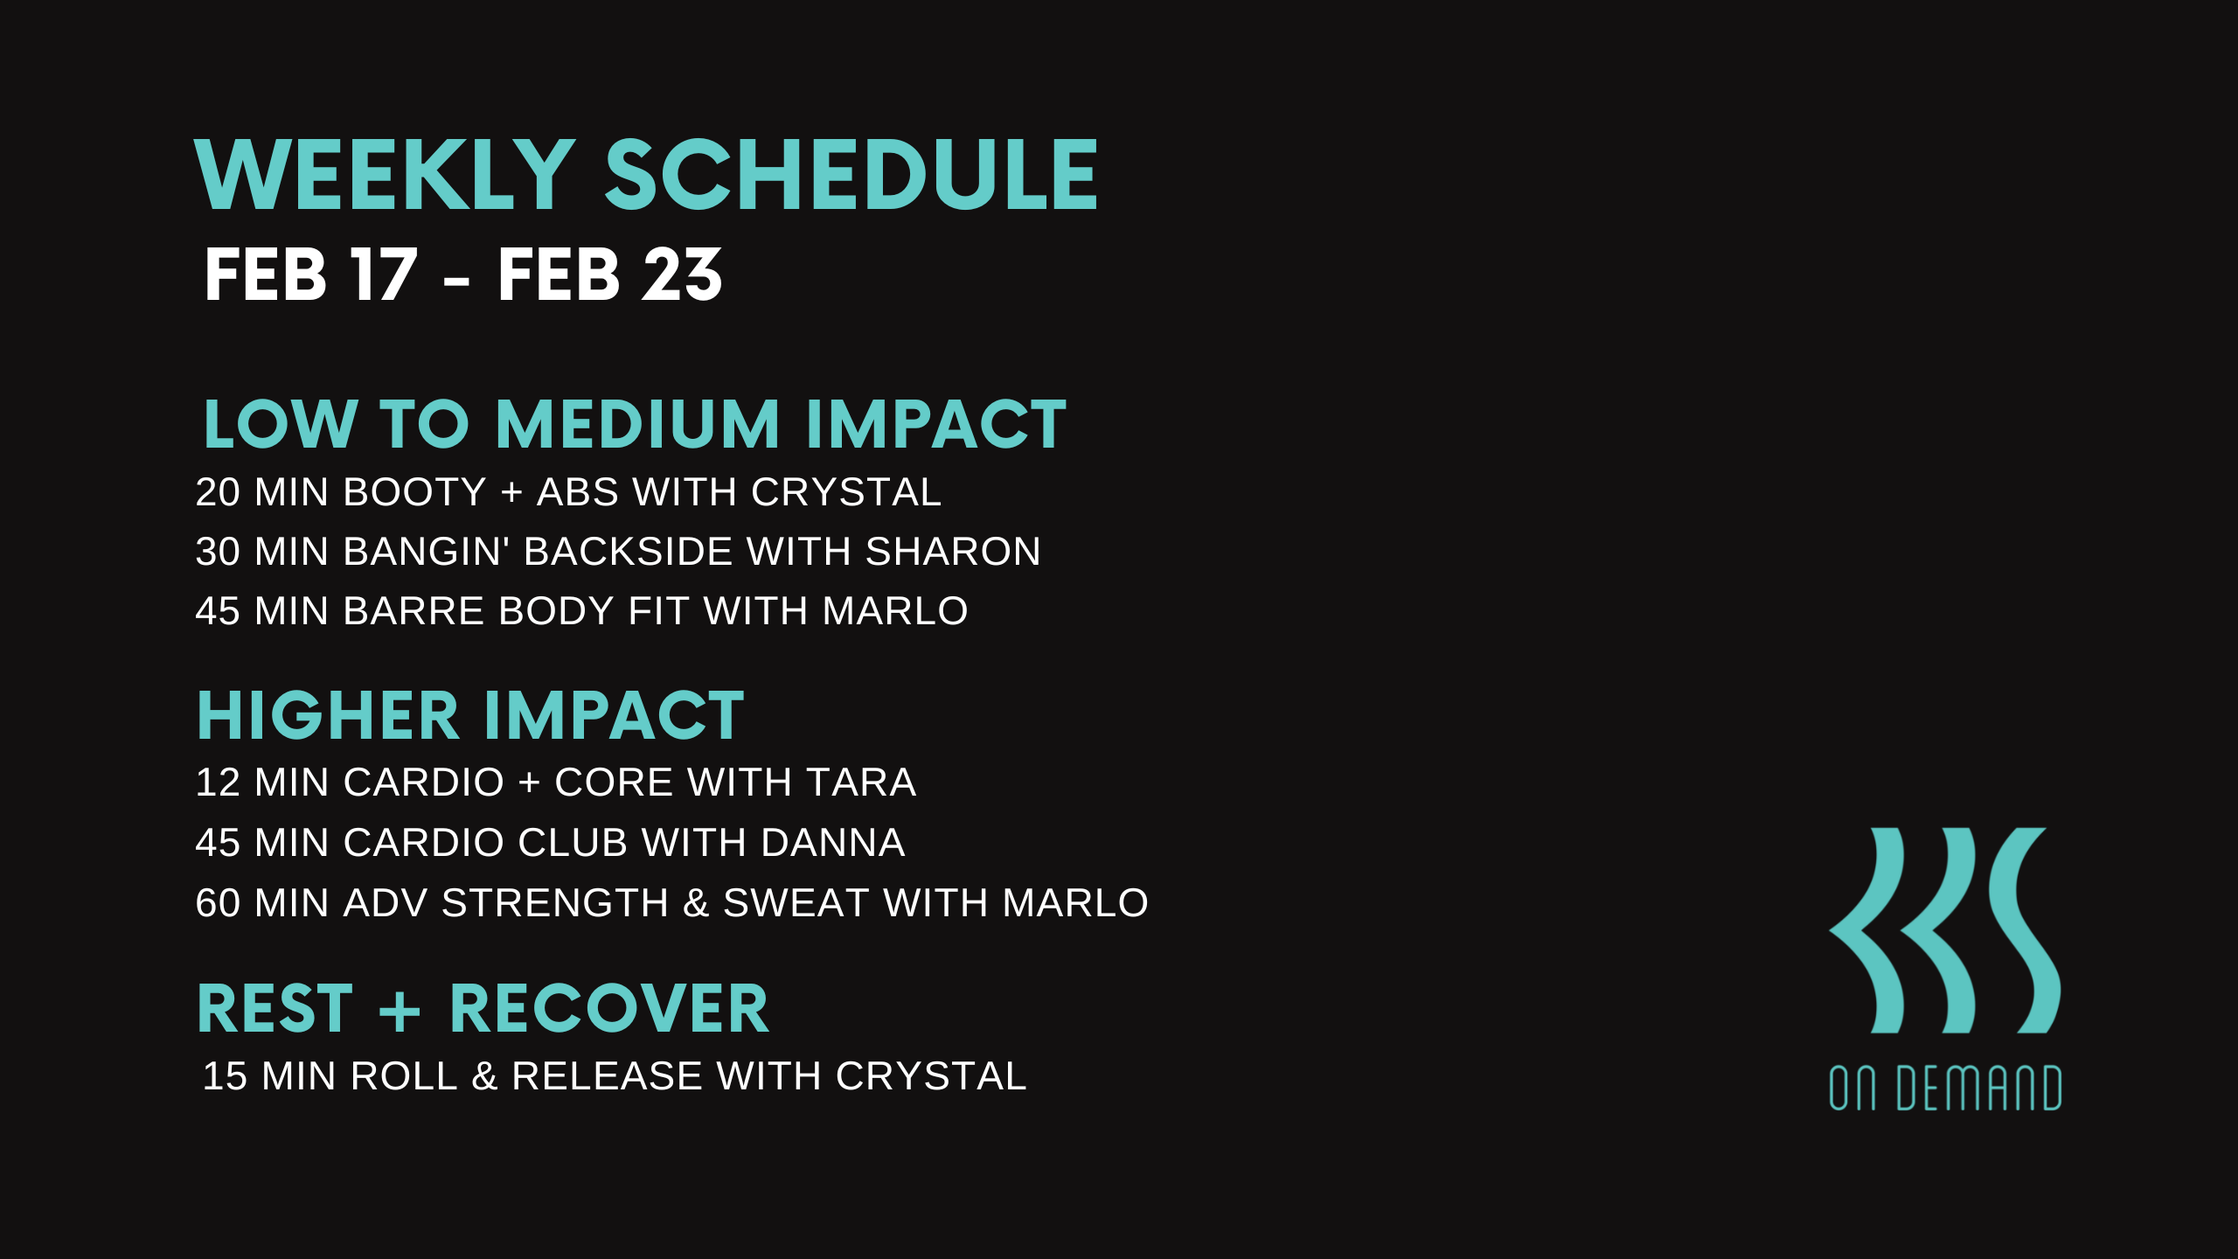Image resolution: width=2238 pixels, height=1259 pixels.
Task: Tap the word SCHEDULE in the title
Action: coord(851,175)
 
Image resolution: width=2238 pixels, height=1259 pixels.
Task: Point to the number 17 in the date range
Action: coord(384,275)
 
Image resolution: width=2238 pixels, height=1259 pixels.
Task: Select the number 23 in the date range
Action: coord(682,275)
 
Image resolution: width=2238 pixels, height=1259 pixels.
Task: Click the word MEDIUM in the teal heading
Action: coord(637,424)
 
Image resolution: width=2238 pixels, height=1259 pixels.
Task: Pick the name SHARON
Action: coord(953,552)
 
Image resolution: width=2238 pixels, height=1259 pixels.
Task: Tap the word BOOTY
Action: coord(414,492)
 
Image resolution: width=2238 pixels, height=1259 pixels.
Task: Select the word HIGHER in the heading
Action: coord(328,716)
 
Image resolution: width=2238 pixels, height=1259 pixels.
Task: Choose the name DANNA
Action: coord(833,843)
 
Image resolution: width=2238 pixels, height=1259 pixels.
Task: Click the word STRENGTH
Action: coord(555,903)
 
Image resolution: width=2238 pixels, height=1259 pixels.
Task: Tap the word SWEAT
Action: coord(796,903)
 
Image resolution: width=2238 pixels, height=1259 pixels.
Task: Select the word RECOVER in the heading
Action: coord(609,1009)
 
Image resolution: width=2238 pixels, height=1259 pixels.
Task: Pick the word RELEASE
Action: coord(607,1076)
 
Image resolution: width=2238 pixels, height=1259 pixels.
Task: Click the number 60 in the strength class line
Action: coord(218,903)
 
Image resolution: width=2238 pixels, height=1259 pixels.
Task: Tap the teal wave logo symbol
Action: coord(1945,930)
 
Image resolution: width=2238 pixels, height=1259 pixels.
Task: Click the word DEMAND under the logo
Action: coord(1979,1089)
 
